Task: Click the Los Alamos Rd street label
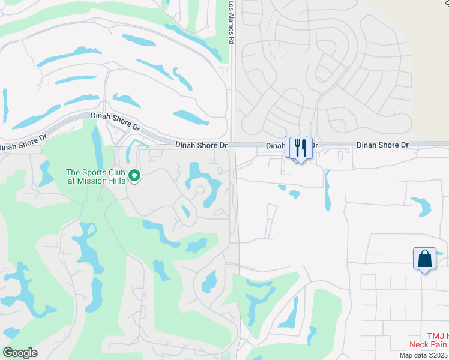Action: tap(231, 22)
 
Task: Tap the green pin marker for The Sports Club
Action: tap(135, 176)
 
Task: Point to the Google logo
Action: tap(20, 352)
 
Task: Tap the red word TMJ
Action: tap(435, 337)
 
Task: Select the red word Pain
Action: tap(439, 344)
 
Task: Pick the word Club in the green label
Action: tap(115, 172)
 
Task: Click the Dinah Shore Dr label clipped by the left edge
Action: tap(22, 143)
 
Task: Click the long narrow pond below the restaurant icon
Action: tap(327, 191)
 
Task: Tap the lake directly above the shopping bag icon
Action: tap(421, 206)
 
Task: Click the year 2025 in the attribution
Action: tap(438, 355)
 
